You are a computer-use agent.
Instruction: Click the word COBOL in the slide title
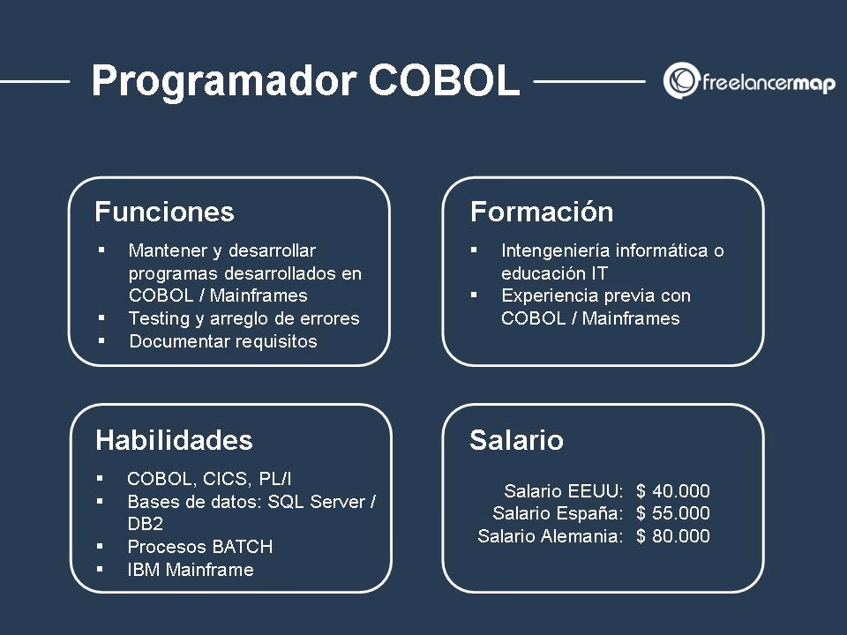click(444, 81)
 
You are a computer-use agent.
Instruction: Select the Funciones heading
click(164, 213)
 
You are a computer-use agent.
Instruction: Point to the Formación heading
click(542, 213)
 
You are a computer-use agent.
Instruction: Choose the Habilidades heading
click(174, 440)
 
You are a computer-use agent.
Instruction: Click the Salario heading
click(516, 440)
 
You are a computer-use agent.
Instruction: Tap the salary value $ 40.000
click(672, 491)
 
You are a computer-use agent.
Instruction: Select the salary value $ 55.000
click(672, 513)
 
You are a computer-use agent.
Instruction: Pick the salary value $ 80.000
click(672, 536)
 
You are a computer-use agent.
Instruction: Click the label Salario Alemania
click(550, 536)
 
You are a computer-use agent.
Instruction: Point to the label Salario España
click(558, 513)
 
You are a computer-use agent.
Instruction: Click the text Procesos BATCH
click(200, 547)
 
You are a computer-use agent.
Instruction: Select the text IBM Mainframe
click(191, 570)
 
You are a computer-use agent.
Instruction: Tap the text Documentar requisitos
click(222, 341)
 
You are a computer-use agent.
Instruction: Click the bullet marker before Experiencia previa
click(474, 295)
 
